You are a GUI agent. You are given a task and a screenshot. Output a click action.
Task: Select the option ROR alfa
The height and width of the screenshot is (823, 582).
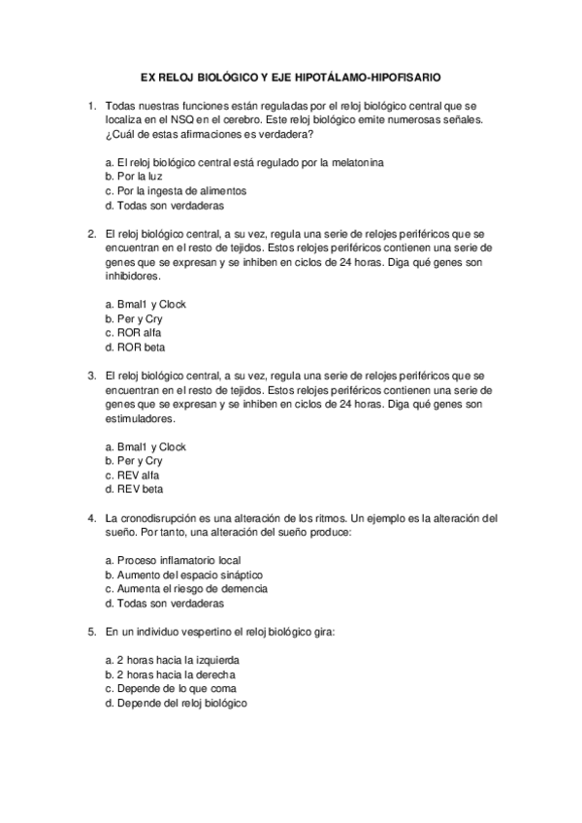click(x=133, y=333)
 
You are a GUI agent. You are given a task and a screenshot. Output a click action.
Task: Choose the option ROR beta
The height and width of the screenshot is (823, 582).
click(x=135, y=347)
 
